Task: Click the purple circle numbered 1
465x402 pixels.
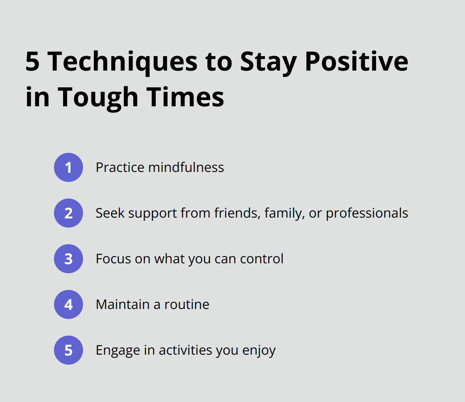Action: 69,167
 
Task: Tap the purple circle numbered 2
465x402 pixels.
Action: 69,213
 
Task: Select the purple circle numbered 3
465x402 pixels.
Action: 69,259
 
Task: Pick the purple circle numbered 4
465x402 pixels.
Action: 69,304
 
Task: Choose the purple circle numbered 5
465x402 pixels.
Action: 69,350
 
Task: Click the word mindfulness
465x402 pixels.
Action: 186,167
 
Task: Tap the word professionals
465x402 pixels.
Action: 367,213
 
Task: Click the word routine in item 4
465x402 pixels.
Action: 187,304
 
